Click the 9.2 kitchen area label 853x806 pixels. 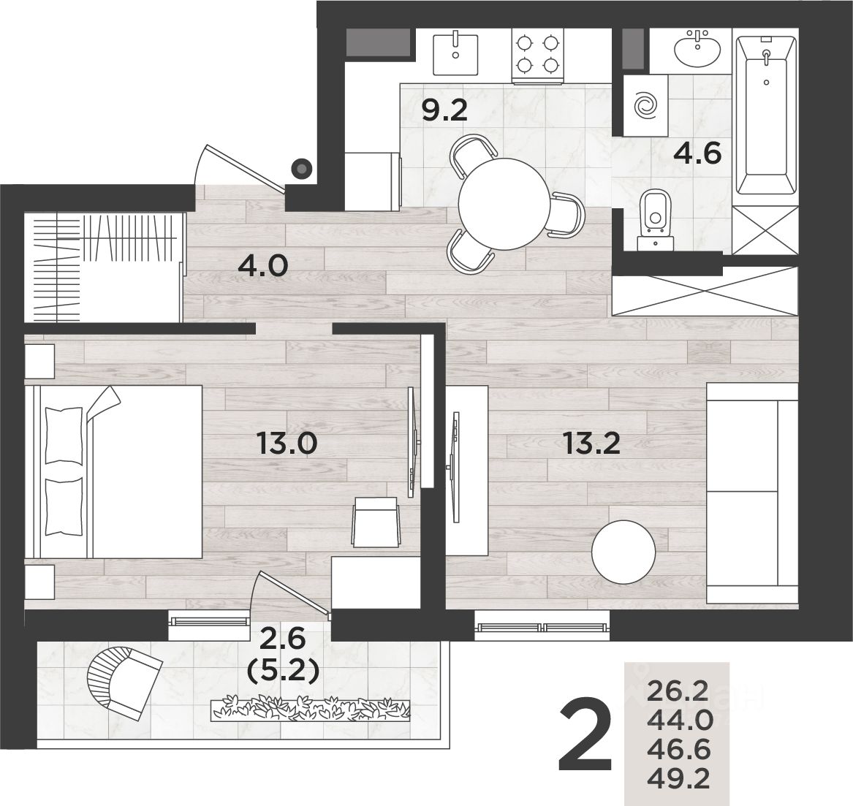point(444,111)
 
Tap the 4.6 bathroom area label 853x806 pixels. point(697,153)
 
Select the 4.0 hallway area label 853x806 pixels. point(262,266)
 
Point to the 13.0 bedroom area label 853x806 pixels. point(287,444)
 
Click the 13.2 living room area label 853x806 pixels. point(591,444)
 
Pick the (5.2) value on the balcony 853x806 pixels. point(282,672)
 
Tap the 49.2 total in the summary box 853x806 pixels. point(678,780)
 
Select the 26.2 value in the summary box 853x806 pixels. point(678,692)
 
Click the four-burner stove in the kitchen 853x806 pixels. point(537,56)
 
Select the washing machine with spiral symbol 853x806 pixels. point(646,105)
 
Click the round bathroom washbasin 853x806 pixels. point(698,48)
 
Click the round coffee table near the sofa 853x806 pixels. point(623,552)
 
